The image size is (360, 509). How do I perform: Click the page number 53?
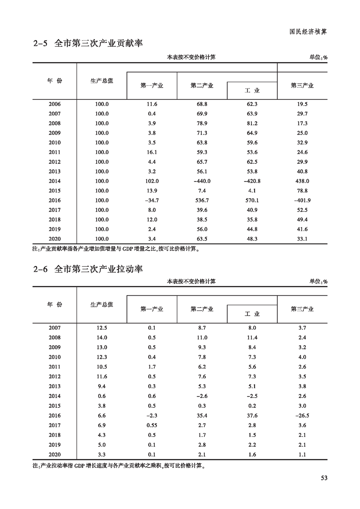tap(324, 478)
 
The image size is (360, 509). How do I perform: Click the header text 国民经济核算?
tap(308, 32)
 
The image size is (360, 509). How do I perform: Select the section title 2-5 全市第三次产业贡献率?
tap(88, 44)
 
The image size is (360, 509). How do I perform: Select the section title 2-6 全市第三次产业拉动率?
tap(88, 269)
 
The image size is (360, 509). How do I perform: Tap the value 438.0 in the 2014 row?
tap(302, 181)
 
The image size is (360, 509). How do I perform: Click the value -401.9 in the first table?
tap(302, 200)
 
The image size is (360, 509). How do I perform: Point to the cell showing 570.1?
tap(252, 200)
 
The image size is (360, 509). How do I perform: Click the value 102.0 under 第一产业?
tap(152, 181)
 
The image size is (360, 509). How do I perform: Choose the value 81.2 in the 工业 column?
tap(252, 123)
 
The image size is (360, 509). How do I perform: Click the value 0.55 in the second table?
tap(152, 425)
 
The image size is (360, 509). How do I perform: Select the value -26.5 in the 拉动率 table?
tap(302, 416)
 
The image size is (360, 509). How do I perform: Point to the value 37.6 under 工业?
tap(252, 416)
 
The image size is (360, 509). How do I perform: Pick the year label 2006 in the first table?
tap(54, 104)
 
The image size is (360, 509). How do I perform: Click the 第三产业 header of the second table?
tap(302, 309)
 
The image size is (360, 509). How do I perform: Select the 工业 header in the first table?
tap(252, 91)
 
